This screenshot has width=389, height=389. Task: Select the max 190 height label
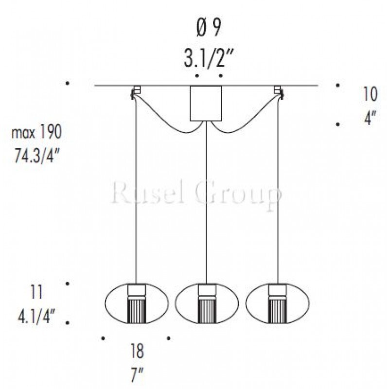coord(37,132)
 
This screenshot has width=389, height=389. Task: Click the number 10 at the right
coord(370,94)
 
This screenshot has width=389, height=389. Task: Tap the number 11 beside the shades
coord(36,292)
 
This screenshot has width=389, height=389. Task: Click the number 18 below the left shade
coord(137,351)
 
